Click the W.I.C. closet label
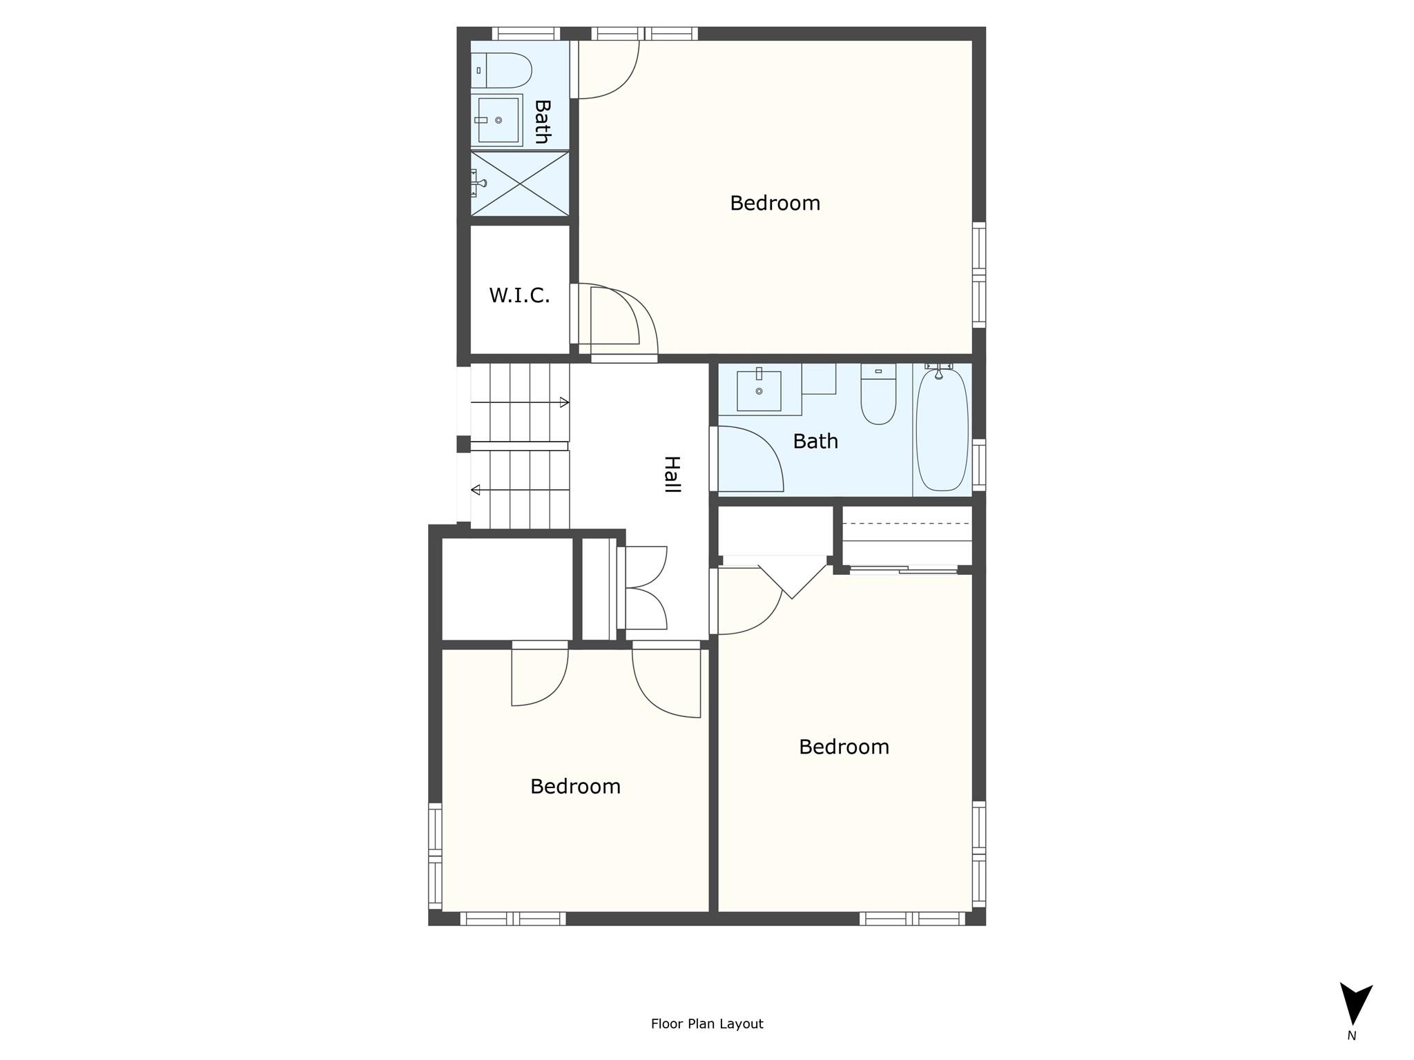coord(519,295)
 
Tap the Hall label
coord(672,474)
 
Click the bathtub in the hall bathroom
coord(942,431)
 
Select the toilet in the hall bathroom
coord(878,394)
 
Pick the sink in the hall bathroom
coord(759,391)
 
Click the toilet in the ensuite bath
coord(501,70)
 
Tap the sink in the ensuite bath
coord(497,120)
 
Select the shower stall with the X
coord(520,183)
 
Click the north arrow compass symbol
coord(1356,1004)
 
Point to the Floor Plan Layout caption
coord(707,1023)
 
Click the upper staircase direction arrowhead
coord(564,402)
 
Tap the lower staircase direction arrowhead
coord(476,490)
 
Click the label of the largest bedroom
coord(775,203)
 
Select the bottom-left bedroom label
coord(575,786)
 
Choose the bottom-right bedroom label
coord(844,747)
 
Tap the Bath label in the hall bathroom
coord(815,441)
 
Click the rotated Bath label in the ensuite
coord(543,121)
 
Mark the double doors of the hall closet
coord(646,588)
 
